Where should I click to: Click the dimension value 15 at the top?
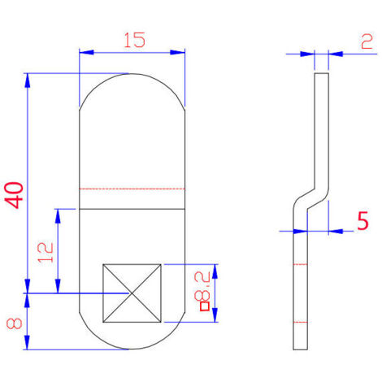pyautogui.click(x=135, y=40)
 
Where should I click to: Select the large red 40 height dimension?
pyautogui.click(x=14, y=195)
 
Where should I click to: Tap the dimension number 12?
pyautogui.click(x=46, y=253)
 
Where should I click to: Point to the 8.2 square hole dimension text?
pyautogui.click(x=202, y=287)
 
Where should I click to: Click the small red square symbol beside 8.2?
pyautogui.click(x=205, y=306)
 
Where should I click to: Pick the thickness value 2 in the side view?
pyautogui.click(x=367, y=41)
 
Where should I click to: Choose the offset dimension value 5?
pyautogui.click(x=362, y=220)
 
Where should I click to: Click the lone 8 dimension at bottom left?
pyautogui.click(x=15, y=323)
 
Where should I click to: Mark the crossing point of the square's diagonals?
pyautogui.click(x=132, y=293)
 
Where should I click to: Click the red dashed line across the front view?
pyautogui.click(x=132, y=189)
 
